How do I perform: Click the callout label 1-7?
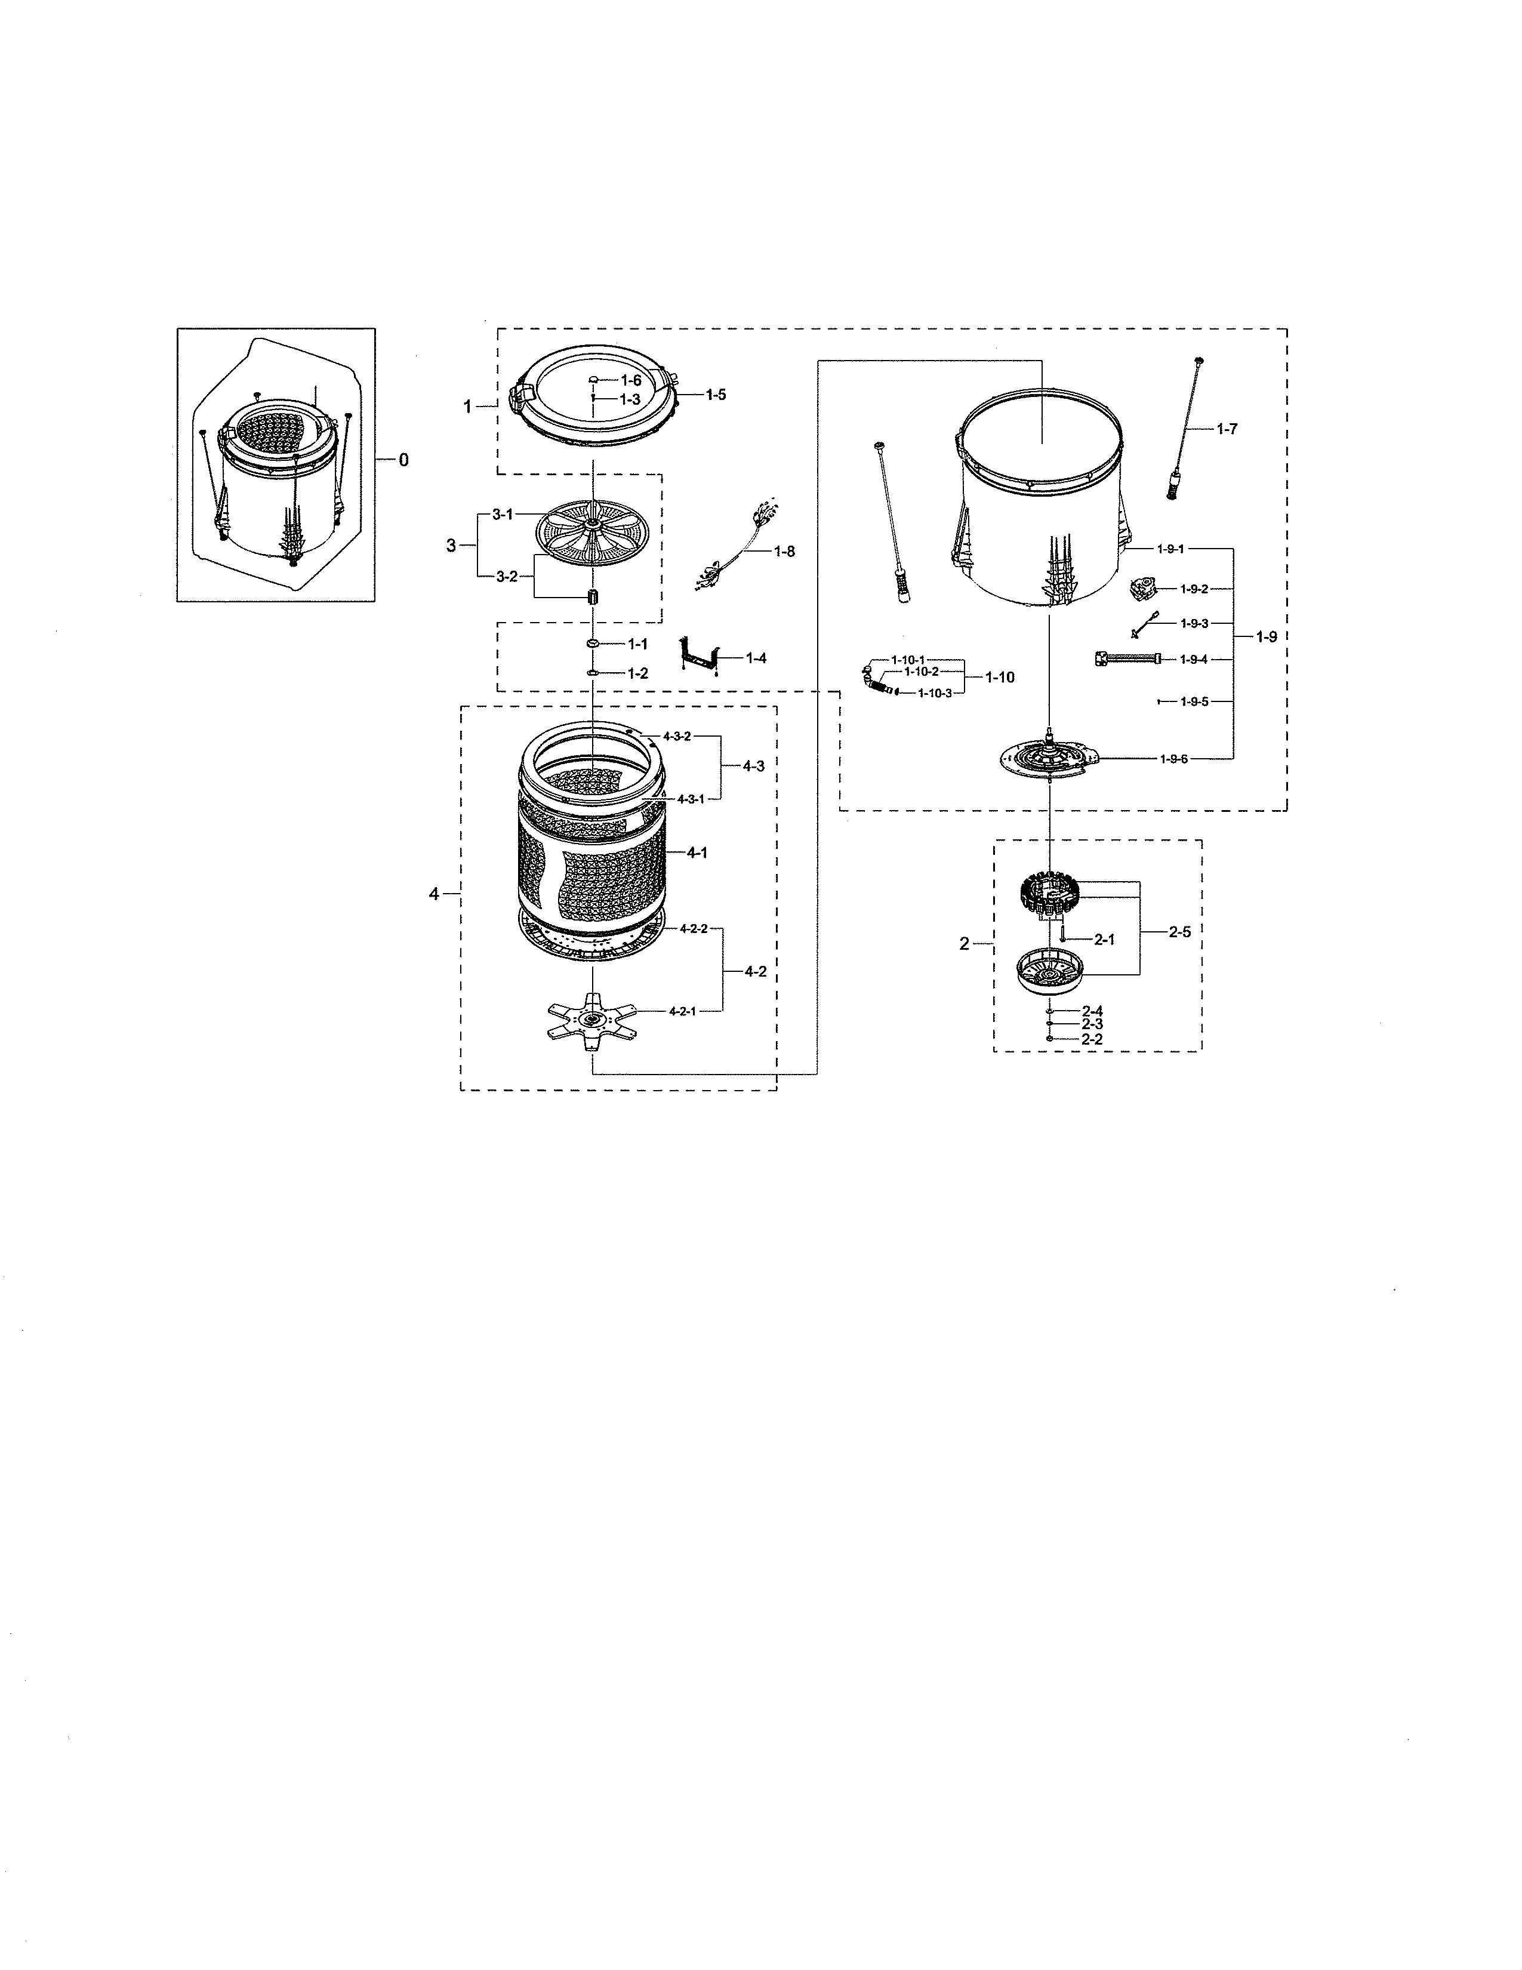(1227, 429)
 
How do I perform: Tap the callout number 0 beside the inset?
(403, 460)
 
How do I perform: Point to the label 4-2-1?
(683, 1011)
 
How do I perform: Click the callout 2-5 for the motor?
(1179, 932)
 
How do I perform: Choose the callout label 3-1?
(502, 514)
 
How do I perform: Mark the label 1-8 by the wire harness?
(784, 551)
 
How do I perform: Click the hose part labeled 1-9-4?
(1127, 660)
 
